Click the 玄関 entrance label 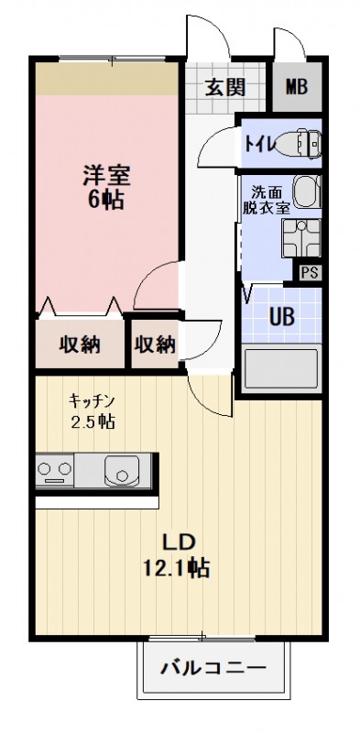click(x=226, y=87)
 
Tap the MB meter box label click(x=297, y=87)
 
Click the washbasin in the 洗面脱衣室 click(x=307, y=191)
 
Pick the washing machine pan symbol click(x=301, y=237)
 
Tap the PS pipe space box click(x=308, y=273)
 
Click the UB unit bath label click(x=282, y=317)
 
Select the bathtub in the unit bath click(x=282, y=368)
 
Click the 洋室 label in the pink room click(x=106, y=177)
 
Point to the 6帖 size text click(x=106, y=200)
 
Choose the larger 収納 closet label click(x=80, y=345)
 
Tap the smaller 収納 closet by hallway click(x=155, y=345)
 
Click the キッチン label click(x=92, y=400)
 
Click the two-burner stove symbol click(x=55, y=470)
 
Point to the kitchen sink click(x=122, y=470)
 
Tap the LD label click(x=178, y=542)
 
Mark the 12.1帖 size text click(x=177, y=567)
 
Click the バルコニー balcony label click(x=213, y=667)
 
